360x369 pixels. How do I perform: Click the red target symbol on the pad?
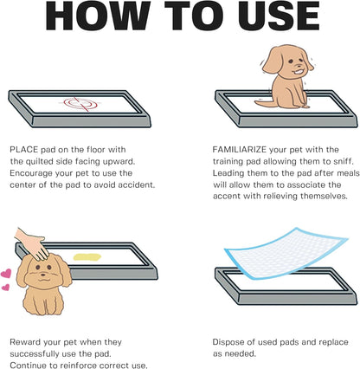click(80, 104)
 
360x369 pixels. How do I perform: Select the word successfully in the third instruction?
click(35, 354)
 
